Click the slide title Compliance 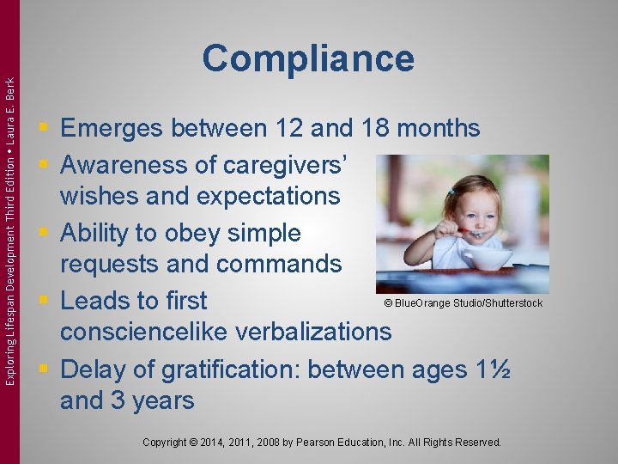tap(308, 58)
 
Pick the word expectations tap(268, 196)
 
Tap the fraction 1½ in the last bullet tap(494, 369)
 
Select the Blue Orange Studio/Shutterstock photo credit tap(463, 303)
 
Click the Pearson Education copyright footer tap(322, 443)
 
